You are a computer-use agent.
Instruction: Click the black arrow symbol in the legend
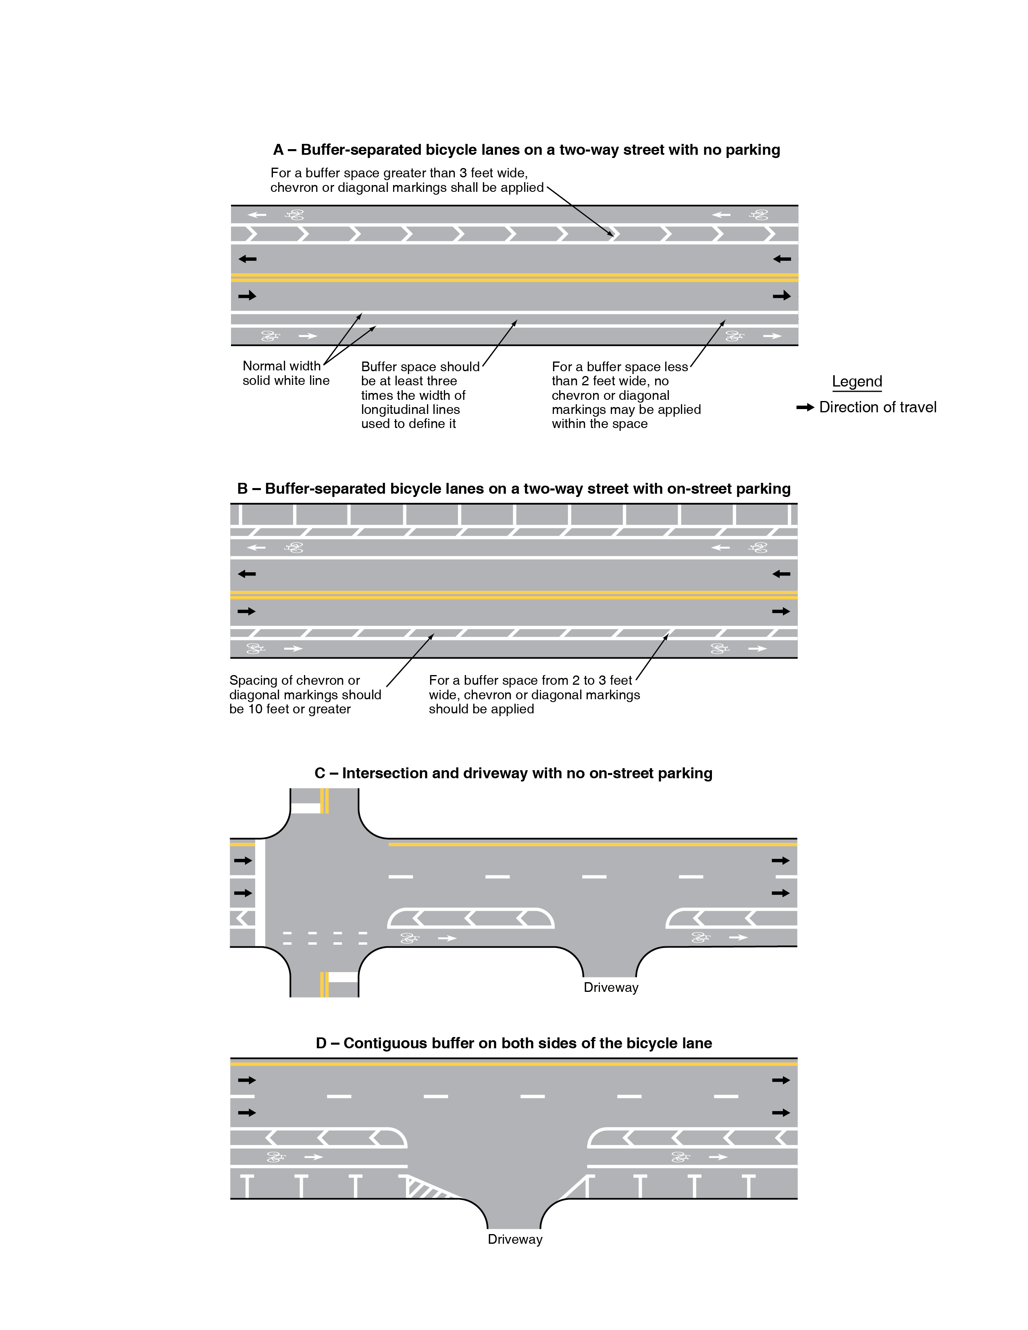[805, 407]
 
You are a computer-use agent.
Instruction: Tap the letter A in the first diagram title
[278, 150]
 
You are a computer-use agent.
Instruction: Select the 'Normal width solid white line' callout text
[286, 373]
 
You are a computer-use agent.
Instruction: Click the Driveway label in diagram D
[515, 1239]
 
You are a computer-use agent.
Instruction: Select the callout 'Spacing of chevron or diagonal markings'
[304, 695]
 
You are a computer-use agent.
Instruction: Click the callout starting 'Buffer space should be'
[420, 395]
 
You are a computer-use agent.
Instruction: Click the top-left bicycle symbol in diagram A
[295, 215]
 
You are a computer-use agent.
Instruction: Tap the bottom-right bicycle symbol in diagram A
[735, 336]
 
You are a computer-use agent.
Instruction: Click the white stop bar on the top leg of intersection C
[305, 808]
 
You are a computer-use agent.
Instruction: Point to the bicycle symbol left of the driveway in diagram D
[276, 1156]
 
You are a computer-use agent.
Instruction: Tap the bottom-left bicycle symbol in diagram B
[255, 648]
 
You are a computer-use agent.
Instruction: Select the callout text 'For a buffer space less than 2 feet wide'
[625, 395]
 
